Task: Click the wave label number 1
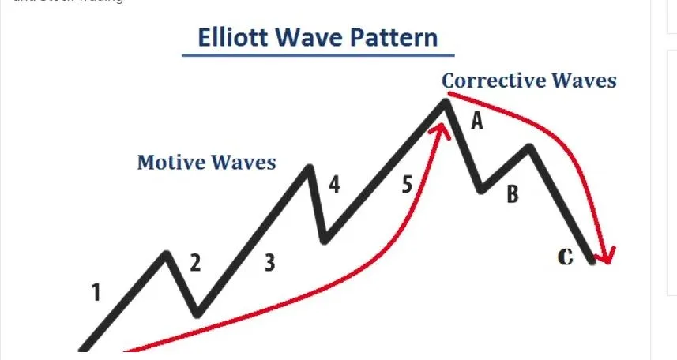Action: [96, 294]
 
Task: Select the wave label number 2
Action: [195, 263]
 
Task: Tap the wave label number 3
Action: [269, 263]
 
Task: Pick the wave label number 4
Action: [335, 186]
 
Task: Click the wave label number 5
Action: [407, 186]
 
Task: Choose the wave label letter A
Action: [476, 121]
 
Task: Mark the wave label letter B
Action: [512, 193]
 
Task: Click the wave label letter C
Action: [565, 257]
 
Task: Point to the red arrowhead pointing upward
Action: [440, 129]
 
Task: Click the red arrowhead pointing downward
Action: [606, 256]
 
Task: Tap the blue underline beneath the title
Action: [318, 55]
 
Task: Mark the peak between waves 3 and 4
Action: [309, 167]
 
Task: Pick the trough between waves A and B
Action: [481, 190]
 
